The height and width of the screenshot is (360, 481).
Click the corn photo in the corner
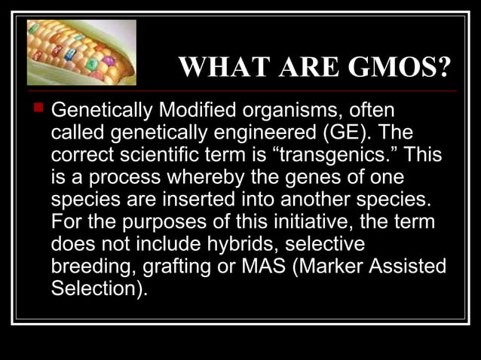(81, 52)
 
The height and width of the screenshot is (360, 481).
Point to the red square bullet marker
(35, 111)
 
